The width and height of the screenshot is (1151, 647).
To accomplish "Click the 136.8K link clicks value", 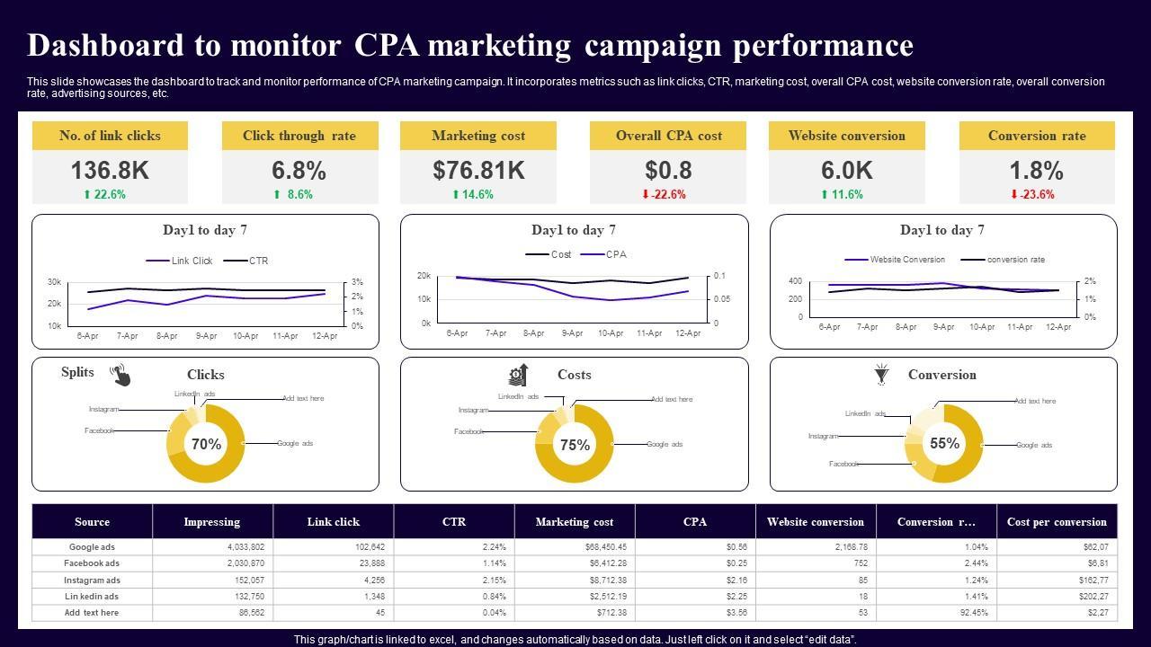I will coord(110,171).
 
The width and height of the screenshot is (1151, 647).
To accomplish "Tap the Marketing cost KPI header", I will coord(478,136).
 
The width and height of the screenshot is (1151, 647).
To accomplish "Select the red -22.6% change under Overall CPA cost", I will coord(664,195).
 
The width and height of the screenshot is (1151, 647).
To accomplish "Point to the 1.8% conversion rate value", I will coord(1036,171).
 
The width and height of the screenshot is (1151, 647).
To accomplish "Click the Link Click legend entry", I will coord(180,261).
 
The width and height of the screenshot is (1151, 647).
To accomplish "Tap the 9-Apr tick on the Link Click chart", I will coord(207,336).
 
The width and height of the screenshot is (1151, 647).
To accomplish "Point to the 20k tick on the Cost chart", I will coord(424,276).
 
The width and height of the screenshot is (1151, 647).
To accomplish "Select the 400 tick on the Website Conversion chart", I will coord(795,281).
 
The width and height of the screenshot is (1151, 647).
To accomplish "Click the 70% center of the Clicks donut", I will coord(206,444).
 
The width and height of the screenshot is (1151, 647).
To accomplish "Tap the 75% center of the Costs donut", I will coord(575,445).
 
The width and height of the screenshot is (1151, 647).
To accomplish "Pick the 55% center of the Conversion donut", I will coord(944,444).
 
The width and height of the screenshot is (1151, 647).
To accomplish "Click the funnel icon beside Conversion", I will coord(881,374).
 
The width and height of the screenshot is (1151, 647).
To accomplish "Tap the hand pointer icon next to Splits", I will coord(120,375).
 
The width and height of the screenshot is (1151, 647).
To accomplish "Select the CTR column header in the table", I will coord(454,522).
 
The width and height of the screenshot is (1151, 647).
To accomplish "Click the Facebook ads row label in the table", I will coord(92,563).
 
